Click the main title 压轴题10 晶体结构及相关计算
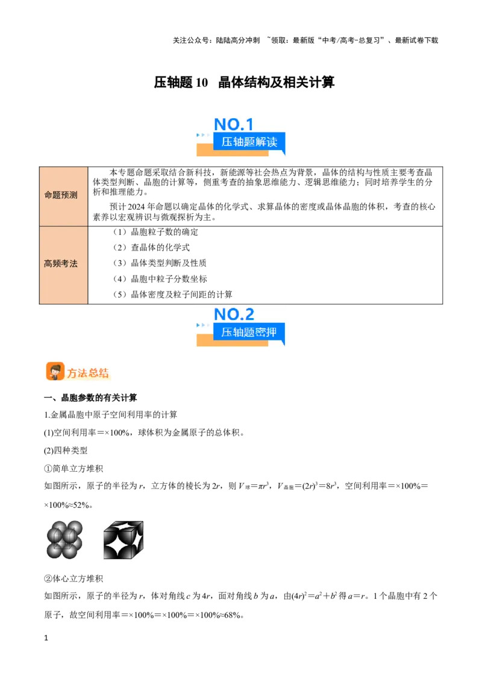click(x=244, y=82)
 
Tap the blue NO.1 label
click(x=234, y=124)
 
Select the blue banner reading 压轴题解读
click(x=249, y=142)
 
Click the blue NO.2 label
click(x=234, y=314)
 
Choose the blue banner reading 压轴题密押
click(x=249, y=333)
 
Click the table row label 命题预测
click(x=61, y=195)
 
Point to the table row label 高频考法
click(x=61, y=263)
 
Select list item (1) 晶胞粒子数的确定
click(x=155, y=232)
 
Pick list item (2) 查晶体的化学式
click(x=151, y=248)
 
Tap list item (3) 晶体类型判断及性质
click(x=160, y=263)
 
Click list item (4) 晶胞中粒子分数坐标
click(x=160, y=279)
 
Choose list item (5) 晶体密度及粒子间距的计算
click(x=172, y=295)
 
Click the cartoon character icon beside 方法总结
click(x=55, y=372)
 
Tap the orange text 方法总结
click(x=87, y=373)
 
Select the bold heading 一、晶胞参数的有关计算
click(x=90, y=398)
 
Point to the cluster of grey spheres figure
click(x=65, y=540)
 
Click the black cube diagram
click(x=124, y=540)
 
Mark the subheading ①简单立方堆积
click(x=74, y=469)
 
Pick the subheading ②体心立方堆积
click(x=74, y=578)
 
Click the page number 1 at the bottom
click(x=46, y=638)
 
